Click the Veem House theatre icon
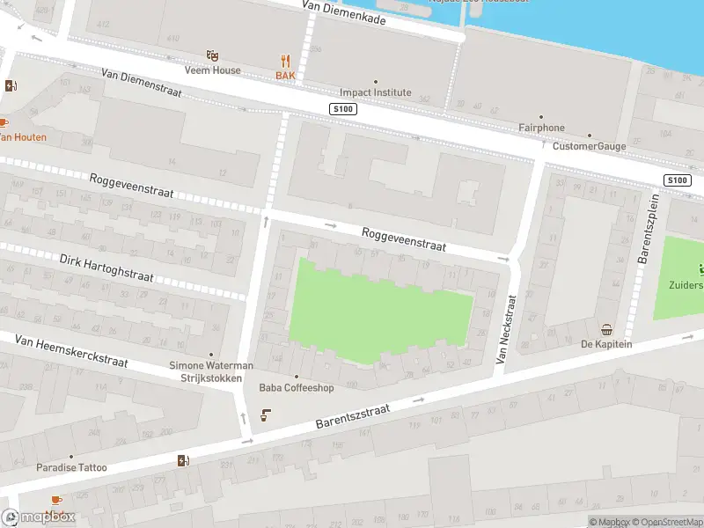(x=211, y=55)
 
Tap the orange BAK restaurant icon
(x=285, y=61)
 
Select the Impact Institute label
(x=376, y=92)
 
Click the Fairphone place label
(x=541, y=128)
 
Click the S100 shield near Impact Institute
(x=342, y=108)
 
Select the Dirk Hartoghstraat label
(x=106, y=268)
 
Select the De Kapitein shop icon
(x=606, y=330)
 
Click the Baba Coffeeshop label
(x=296, y=387)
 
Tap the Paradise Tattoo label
(x=71, y=467)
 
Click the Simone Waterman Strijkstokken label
(x=211, y=371)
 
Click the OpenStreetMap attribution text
(x=664, y=523)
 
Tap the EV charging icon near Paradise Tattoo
(x=183, y=460)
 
